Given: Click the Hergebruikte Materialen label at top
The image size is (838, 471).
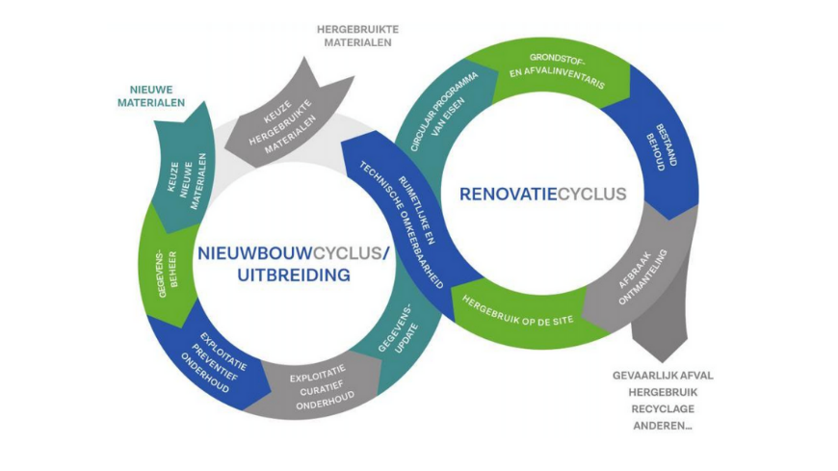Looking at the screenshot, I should [x=357, y=36].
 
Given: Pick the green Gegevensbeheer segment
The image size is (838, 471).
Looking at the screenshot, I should [x=163, y=269].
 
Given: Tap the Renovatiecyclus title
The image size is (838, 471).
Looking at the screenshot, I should [x=542, y=195].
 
